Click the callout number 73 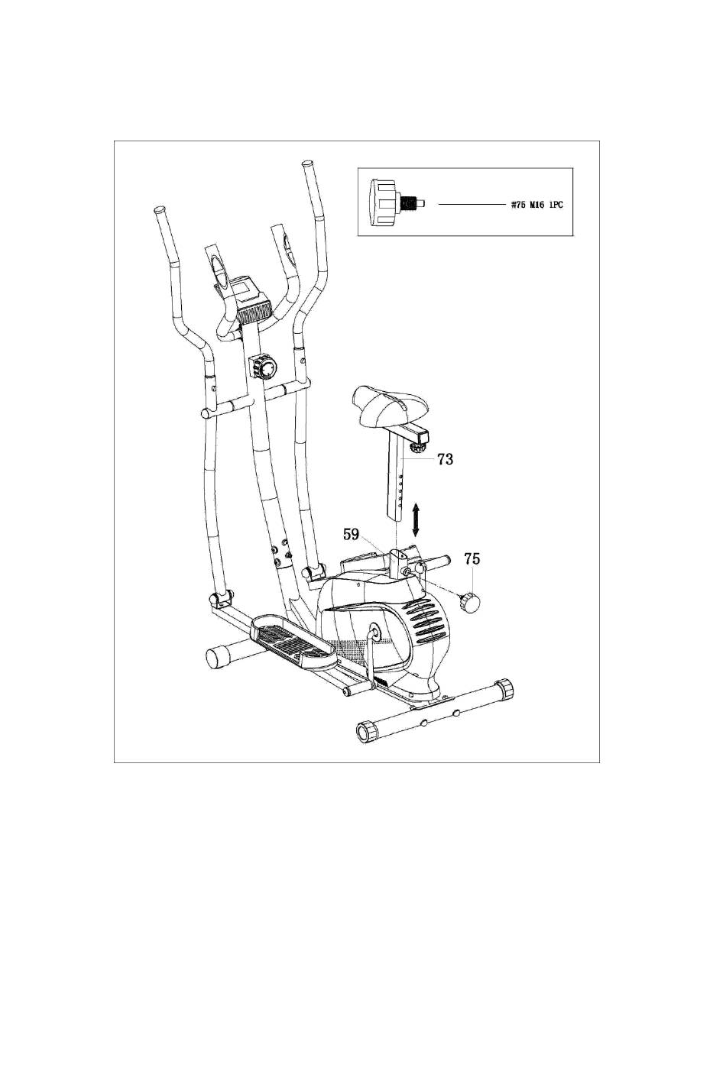pyautogui.click(x=445, y=459)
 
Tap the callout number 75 pyautogui.click(x=472, y=559)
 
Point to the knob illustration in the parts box pyautogui.click(x=393, y=199)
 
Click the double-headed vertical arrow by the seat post pyautogui.click(x=415, y=519)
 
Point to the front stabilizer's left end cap pyautogui.click(x=219, y=655)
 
